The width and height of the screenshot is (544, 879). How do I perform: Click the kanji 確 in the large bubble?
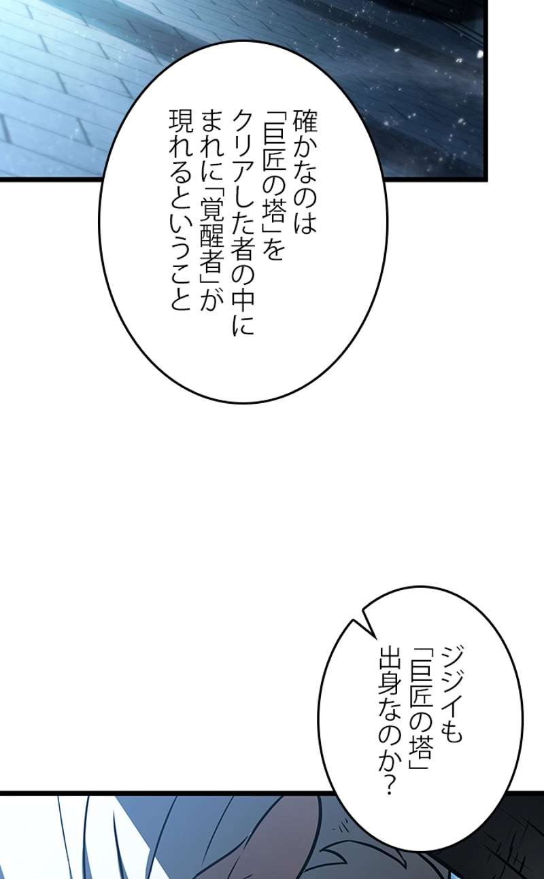coord(305,121)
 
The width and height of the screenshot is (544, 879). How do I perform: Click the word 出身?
coord(390,680)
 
